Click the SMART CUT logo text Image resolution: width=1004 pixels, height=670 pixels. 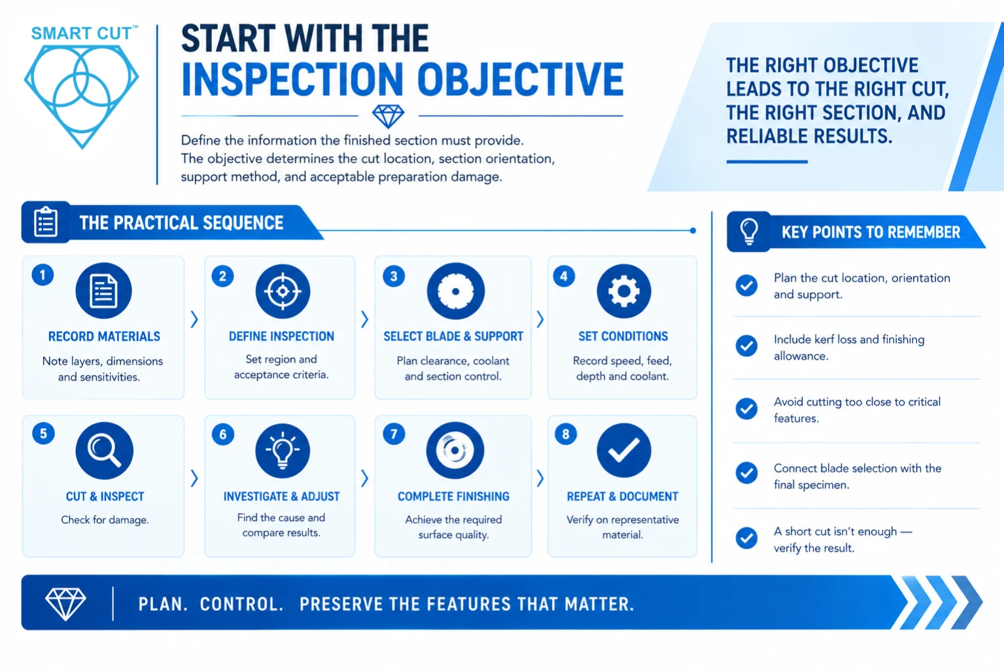coord(81,33)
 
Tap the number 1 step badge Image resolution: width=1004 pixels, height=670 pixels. coord(43,275)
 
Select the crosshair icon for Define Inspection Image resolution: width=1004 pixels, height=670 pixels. coord(283,291)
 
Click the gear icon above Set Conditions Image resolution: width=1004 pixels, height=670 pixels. coord(623,291)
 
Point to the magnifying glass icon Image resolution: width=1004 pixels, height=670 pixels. coord(104,450)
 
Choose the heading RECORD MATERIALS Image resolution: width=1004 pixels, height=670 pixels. coord(104,336)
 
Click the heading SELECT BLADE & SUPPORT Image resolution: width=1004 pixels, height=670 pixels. coord(453,336)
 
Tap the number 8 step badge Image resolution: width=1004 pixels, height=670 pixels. coord(566,434)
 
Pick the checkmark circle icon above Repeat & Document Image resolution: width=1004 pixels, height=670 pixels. coord(623,450)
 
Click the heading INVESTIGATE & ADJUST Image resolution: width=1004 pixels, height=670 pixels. coord(281,497)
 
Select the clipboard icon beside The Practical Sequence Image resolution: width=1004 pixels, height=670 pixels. coord(46,222)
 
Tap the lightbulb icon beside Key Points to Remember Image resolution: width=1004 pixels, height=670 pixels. coord(749,232)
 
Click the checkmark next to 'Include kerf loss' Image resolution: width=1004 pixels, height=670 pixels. coord(747,346)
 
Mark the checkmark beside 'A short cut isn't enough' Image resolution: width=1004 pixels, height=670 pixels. coord(747,538)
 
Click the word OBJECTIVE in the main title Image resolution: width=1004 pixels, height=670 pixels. coord(521,79)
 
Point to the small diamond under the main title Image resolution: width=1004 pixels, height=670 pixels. coord(388,116)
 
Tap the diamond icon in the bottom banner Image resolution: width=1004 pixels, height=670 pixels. coord(65,604)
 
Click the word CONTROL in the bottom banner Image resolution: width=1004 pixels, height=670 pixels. coord(241,604)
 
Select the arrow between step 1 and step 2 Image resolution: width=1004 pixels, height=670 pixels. coord(194,319)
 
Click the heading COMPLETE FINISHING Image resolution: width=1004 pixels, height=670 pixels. coord(453,497)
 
